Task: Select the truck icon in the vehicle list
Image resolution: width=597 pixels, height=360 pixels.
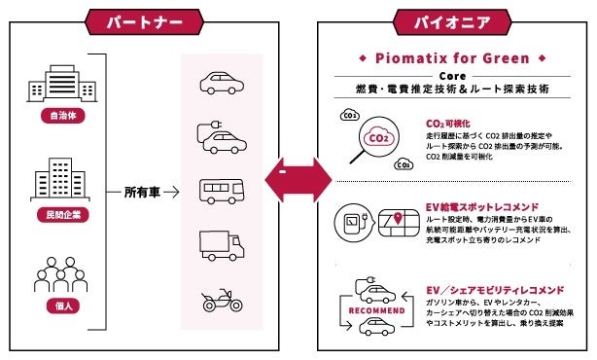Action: coord(222,244)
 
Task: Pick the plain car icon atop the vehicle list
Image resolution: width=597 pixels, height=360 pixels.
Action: coord(222,82)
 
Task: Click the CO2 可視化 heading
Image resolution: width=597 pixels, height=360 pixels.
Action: coord(449,125)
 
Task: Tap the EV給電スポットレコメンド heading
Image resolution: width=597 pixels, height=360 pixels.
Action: coord(483,207)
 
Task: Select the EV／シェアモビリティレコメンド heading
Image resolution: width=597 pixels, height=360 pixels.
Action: coord(495,290)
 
